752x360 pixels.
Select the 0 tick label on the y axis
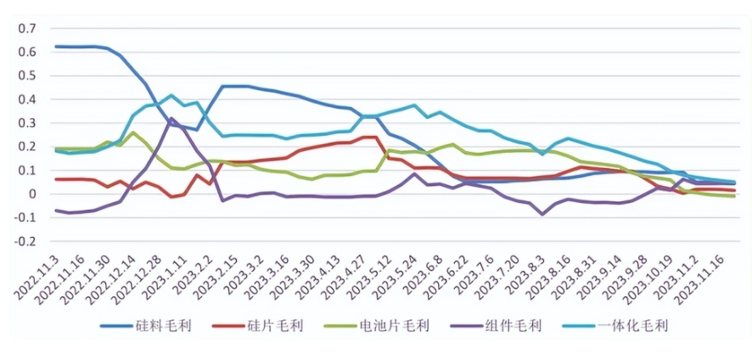(33, 194)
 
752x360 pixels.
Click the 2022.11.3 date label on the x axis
(35, 277)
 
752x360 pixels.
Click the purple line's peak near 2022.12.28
(171, 118)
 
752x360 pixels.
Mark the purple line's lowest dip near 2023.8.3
(542, 214)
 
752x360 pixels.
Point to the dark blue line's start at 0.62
(55, 46)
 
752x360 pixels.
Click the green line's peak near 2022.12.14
(133, 132)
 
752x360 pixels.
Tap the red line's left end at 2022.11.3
(55, 179)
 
